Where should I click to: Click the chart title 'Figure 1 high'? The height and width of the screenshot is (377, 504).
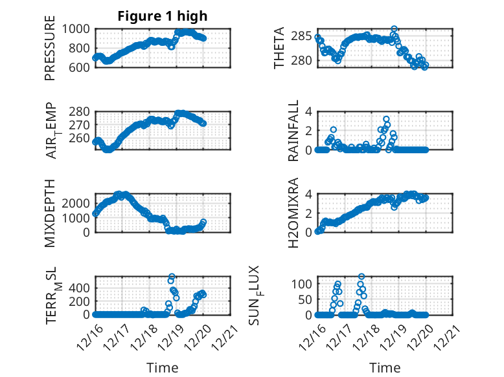163,16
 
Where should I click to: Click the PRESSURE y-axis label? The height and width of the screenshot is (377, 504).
50,52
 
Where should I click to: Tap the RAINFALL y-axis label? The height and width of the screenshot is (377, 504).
293,131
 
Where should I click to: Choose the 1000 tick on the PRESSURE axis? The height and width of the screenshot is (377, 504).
78,28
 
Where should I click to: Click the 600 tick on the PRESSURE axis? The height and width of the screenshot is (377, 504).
82,67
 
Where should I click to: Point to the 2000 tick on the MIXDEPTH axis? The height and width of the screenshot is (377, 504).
78,203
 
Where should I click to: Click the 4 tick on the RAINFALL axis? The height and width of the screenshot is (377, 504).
309,111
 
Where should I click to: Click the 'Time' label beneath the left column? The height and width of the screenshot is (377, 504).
163,368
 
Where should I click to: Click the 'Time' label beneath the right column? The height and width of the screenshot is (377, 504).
385,368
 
